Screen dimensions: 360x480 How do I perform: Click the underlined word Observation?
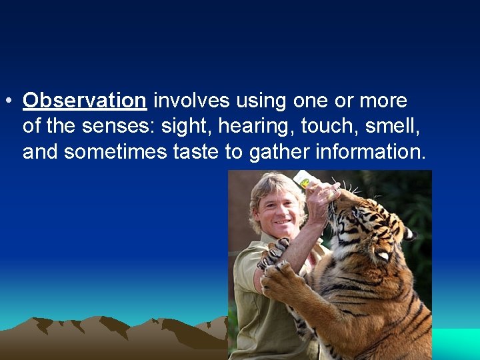[x=84, y=101]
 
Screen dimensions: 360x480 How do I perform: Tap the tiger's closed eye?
[x=383, y=255]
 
